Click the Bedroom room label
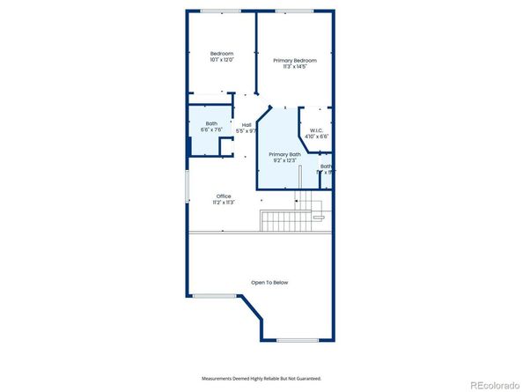222,54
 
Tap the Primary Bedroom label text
295,60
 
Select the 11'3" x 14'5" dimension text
295,67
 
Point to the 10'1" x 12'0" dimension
222,61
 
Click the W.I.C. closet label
316,130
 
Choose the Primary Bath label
284,154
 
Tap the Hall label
247,124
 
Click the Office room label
223,196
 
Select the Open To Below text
269,282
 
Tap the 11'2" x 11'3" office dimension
223,203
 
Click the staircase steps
281,220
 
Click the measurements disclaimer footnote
261,378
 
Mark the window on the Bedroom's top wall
221,11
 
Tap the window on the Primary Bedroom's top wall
295,11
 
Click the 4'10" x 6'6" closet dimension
316,137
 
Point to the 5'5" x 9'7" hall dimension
247,131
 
